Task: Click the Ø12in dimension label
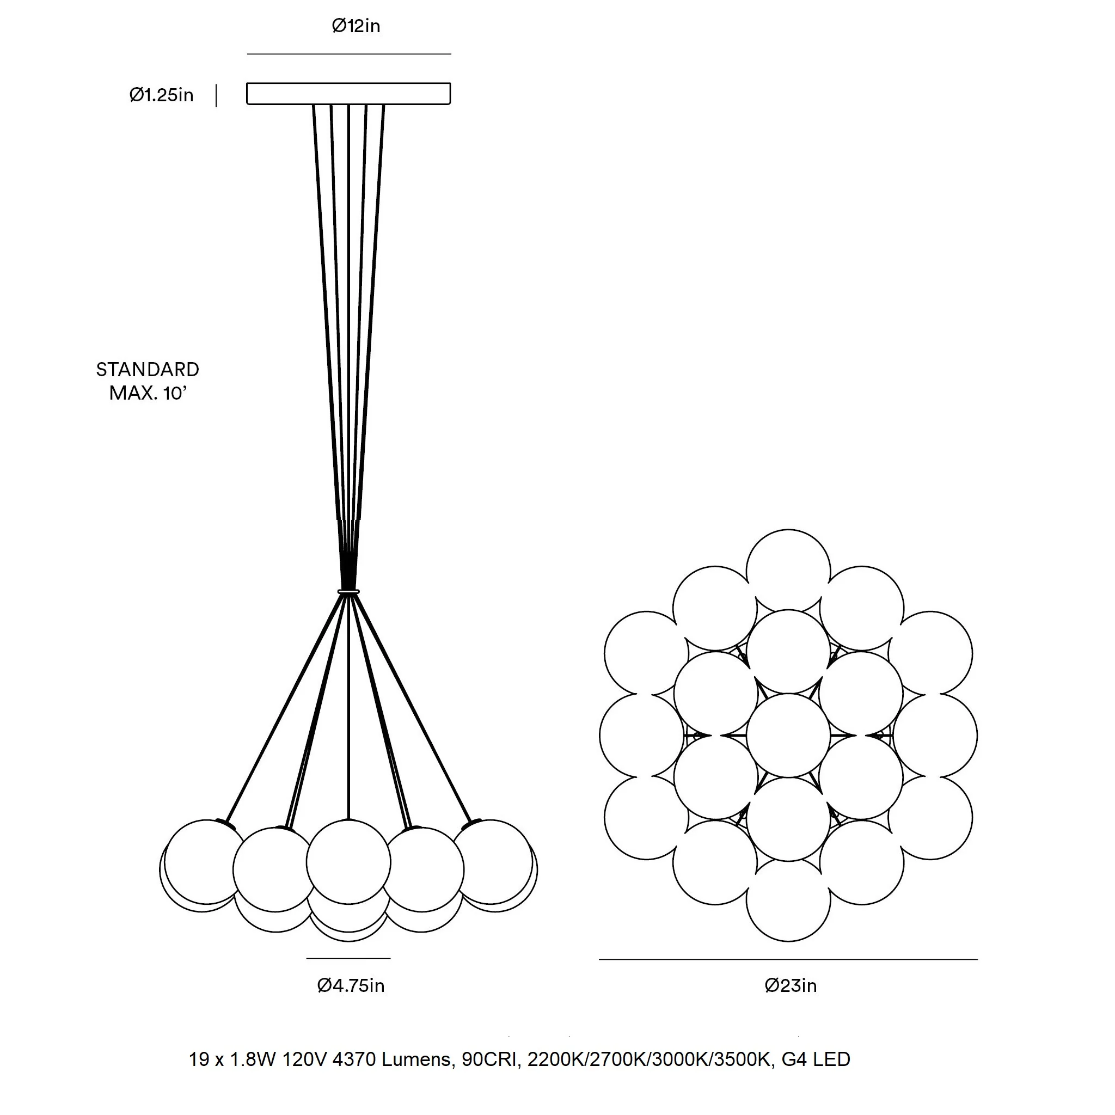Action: click(x=356, y=26)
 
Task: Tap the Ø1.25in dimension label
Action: click(x=161, y=95)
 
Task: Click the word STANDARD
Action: click(x=148, y=369)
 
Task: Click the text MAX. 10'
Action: click(x=148, y=393)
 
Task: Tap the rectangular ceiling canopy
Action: click(x=348, y=94)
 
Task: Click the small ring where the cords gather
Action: click(x=348, y=592)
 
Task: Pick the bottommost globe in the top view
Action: click(x=788, y=900)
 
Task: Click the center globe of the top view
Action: click(x=788, y=735)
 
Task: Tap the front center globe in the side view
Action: click(x=348, y=862)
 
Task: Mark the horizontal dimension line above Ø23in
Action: click(x=788, y=959)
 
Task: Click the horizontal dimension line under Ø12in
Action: click(x=349, y=54)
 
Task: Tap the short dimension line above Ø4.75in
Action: click(x=348, y=958)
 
